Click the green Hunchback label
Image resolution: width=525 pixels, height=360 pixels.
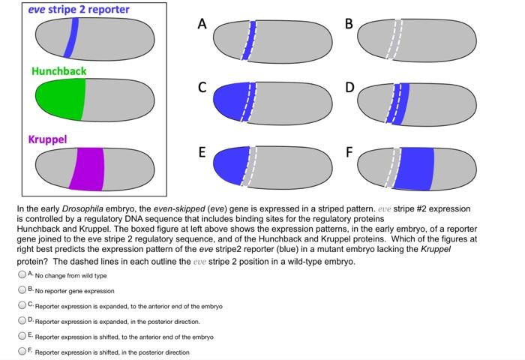(x=58, y=71)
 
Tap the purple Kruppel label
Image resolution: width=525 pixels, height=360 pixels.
(x=47, y=139)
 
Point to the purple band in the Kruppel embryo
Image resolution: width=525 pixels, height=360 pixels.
(x=88, y=168)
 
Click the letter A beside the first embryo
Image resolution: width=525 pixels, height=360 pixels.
(x=201, y=23)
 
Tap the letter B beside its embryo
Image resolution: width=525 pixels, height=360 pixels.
(x=347, y=23)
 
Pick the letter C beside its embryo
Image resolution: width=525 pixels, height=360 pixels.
(x=201, y=87)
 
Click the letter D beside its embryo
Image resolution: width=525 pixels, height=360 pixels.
(x=347, y=87)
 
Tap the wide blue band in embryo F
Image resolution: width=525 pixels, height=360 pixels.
(x=414, y=169)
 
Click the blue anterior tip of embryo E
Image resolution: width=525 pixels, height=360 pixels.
(x=227, y=165)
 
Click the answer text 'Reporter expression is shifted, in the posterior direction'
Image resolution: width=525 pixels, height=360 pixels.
(x=112, y=352)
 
